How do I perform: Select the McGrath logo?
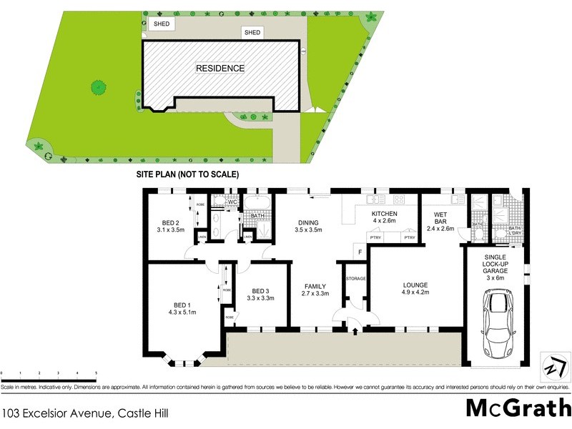click(x=518, y=408)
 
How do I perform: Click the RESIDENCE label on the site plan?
click(x=220, y=69)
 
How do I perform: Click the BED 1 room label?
click(x=182, y=307)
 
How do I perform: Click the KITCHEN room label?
click(x=383, y=217)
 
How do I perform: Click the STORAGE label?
click(x=355, y=277)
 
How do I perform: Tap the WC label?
click(x=232, y=202)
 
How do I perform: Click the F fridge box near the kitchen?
click(x=360, y=252)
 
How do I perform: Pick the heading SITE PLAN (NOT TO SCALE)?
click(x=187, y=174)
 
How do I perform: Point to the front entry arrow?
click(x=355, y=329)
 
